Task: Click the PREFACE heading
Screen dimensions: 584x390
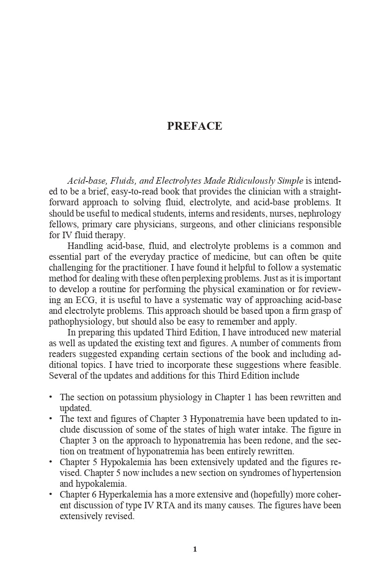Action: point(194,126)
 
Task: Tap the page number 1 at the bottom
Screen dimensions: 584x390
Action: point(195,549)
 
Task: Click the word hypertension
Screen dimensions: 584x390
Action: point(316,473)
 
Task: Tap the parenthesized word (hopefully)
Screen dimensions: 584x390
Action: point(272,495)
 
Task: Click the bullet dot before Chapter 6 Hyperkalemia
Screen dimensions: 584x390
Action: point(51,494)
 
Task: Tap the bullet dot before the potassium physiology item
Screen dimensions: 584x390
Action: point(51,396)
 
